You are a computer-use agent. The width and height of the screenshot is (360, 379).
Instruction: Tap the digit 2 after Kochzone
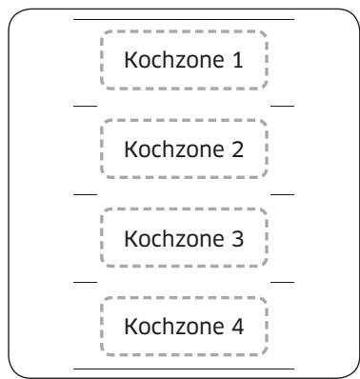click(239, 150)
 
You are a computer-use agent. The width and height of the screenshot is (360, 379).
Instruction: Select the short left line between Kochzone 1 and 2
click(85, 106)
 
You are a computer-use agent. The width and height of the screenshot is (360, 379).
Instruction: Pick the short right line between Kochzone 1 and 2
click(283, 106)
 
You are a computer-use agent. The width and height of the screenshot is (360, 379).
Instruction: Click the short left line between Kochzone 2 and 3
click(85, 193)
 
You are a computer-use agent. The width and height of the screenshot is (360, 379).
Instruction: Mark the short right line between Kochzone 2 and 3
click(283, 193)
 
